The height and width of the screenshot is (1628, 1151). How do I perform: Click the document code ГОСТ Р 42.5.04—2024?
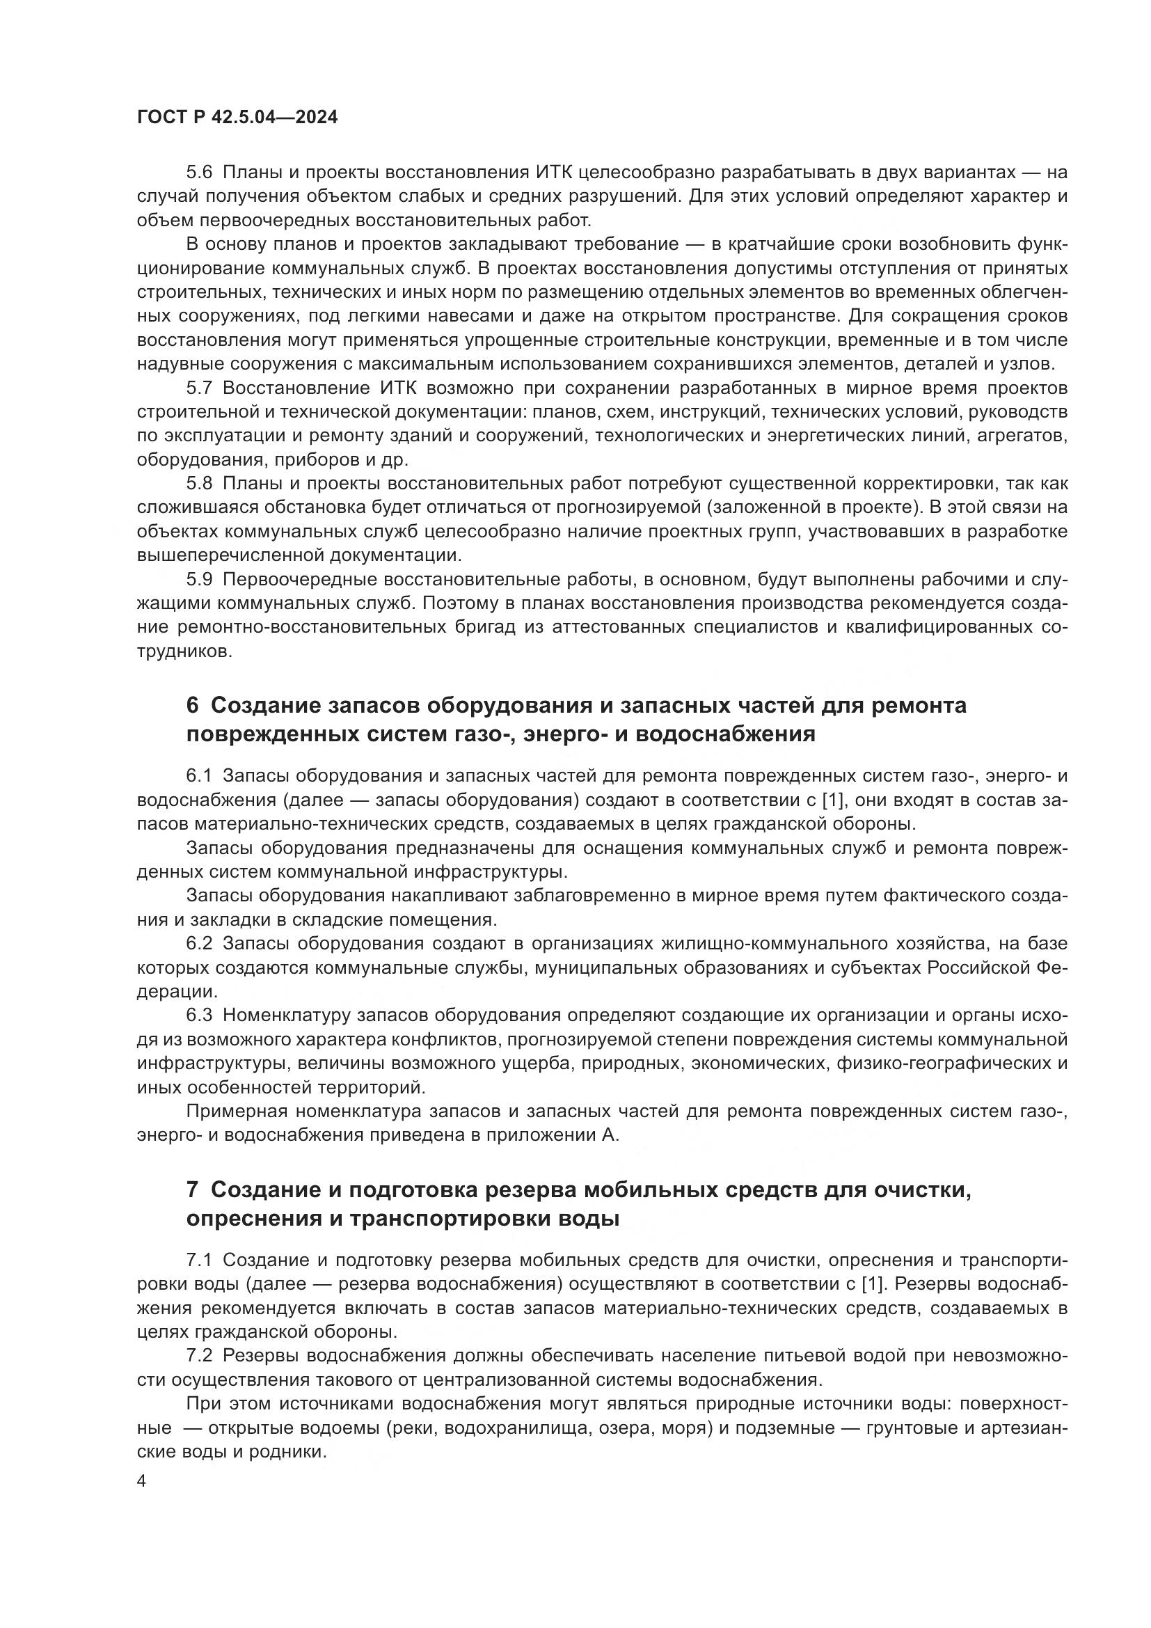(x=237, y=118)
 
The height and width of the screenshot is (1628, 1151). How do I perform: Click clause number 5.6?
(x=199, y=173)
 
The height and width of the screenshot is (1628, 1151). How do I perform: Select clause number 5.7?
(x=199, y=388)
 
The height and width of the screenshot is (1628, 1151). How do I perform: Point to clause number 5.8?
(x=199, y=484)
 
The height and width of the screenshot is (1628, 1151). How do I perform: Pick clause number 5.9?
(x=199, y=579)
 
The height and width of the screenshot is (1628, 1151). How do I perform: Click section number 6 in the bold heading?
(x=192, y=706)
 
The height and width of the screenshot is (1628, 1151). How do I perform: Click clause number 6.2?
(x=199, y=944)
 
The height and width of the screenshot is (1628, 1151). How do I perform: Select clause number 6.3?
(x=199, y=1015)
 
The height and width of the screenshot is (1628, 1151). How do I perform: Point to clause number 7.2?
(x=199, y=1356)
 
